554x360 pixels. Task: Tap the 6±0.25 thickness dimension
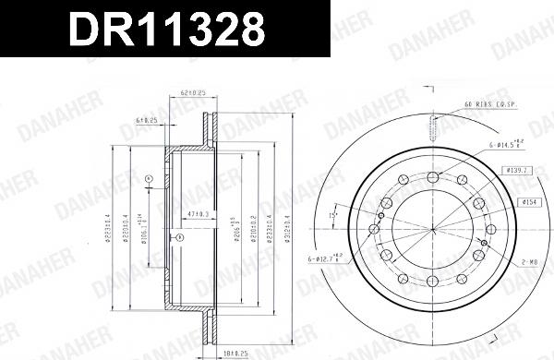[x=148, y=120]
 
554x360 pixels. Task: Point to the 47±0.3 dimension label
[x=197, y=213]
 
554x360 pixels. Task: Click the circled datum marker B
[x=181, y=237]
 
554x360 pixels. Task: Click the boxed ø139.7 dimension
[x=517, y=171]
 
